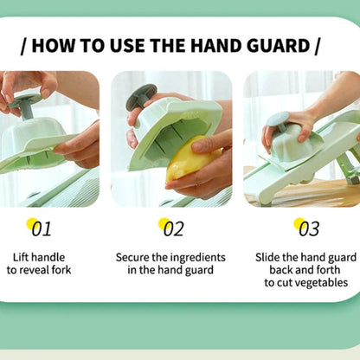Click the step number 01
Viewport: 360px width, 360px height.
pos(42,228)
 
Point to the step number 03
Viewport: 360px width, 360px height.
pos(308,228)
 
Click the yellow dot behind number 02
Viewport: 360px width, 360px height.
pos(164,225)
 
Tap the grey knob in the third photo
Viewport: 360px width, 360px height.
pos(280,122)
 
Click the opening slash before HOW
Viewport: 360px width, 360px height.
pos(22,45)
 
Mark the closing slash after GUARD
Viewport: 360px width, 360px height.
pos(318,45)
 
